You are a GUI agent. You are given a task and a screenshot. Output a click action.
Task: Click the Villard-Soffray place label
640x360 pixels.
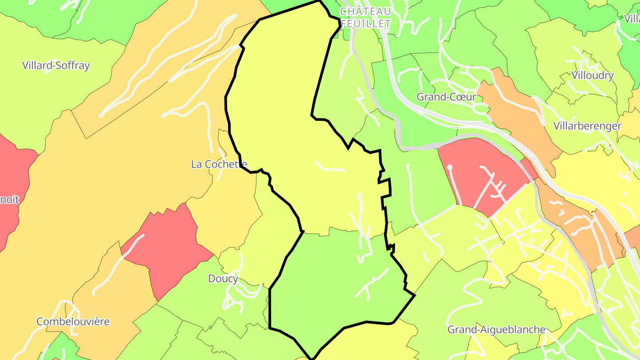[x=56, y=65]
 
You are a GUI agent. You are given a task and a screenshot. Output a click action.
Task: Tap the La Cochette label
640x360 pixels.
[x=219, y=164]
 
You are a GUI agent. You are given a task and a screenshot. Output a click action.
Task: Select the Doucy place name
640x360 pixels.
[x=223, y=279]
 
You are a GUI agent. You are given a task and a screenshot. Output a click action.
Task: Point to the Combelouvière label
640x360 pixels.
[x=73, y=321]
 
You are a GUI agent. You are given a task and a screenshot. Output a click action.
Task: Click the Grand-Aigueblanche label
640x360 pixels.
[x=496, y=329]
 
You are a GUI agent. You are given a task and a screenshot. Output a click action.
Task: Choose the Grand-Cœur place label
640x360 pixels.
[x=446, y=97]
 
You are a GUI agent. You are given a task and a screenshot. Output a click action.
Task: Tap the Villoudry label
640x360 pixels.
[x=593, y=75]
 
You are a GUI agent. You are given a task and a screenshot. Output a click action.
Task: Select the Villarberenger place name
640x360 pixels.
[x=587, y=126]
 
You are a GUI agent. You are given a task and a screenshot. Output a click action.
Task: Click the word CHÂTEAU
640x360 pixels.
[x=365, y=11]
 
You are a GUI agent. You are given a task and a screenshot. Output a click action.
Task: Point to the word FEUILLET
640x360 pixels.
[x=365, y=24]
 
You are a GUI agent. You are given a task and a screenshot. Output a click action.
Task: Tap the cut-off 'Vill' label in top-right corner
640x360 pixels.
[x=632, y=19]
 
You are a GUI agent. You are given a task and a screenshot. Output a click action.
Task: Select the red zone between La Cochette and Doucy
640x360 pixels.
[x=167, y=249]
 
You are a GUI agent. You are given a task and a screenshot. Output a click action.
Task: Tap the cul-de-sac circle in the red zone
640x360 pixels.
[x=449, y=167]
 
